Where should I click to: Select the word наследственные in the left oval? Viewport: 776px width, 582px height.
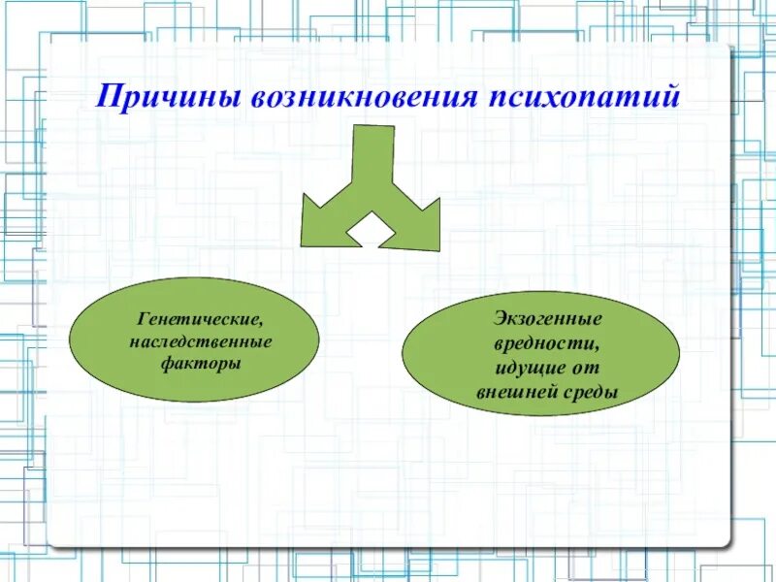201,342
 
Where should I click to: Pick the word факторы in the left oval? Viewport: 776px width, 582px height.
201,366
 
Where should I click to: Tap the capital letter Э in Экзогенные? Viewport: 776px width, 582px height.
499,320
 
